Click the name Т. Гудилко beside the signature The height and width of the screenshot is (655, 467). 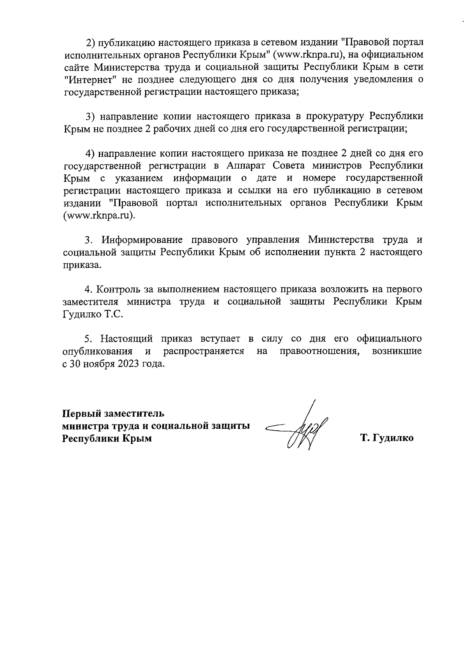coord(387,438)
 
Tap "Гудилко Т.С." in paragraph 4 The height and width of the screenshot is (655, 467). coord(92,315)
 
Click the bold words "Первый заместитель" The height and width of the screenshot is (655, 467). coord(113,413)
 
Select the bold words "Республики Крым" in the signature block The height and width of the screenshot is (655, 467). coord(107,438)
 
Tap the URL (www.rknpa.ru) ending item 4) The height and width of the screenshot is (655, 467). coord(99,216)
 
